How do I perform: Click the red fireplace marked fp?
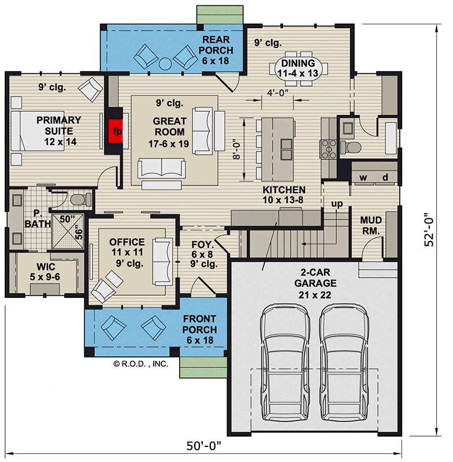tap(116, 130)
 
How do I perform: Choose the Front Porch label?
tap(200, 330)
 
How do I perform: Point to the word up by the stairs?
tap(337, 204)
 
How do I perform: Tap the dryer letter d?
tap(385, 177)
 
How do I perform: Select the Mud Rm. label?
tap(370, 226)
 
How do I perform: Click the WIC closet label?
tap(46, 271)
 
